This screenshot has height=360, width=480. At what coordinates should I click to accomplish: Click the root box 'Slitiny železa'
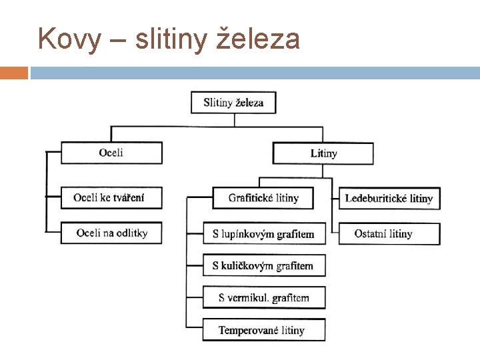(x=233, y=103)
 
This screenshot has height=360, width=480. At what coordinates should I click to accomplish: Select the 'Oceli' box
(x=111, y=153)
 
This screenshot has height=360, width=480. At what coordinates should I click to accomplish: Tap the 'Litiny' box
(x=323, y=153)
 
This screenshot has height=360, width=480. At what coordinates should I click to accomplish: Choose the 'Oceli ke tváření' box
(x=111, y=198)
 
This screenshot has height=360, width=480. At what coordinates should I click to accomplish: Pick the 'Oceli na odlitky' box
(x=111, y=233)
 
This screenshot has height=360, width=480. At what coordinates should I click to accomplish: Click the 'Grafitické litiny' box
(x=264, y=198)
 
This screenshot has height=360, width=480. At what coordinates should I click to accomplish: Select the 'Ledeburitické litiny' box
(x=389, y=199)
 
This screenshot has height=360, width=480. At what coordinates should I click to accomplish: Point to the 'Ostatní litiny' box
(x=389, y=233)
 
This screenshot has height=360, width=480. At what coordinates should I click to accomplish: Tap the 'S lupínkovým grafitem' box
(x=264, y=234)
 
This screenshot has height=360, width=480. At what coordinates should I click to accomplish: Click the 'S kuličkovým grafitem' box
(x=264, y=266)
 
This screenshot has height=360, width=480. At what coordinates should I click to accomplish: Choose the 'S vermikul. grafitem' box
(x=264, y=298)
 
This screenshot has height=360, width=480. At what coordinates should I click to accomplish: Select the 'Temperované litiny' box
(x=264, y=330)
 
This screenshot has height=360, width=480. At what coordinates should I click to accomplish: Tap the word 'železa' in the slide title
(x=259, y=40)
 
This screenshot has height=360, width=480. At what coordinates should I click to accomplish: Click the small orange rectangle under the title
(x=14, y=73)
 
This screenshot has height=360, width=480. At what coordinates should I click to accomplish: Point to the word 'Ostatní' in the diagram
(x=371, y=233)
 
